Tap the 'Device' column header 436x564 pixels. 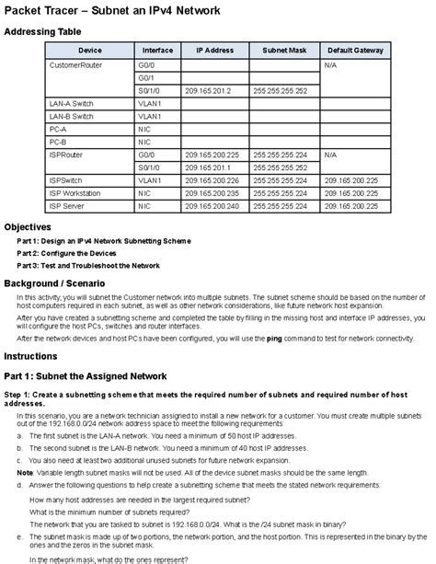point(90,50)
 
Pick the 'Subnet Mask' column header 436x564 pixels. point(283,50)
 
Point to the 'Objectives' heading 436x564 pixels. point(33,226)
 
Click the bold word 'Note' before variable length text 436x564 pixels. point(25,472)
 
